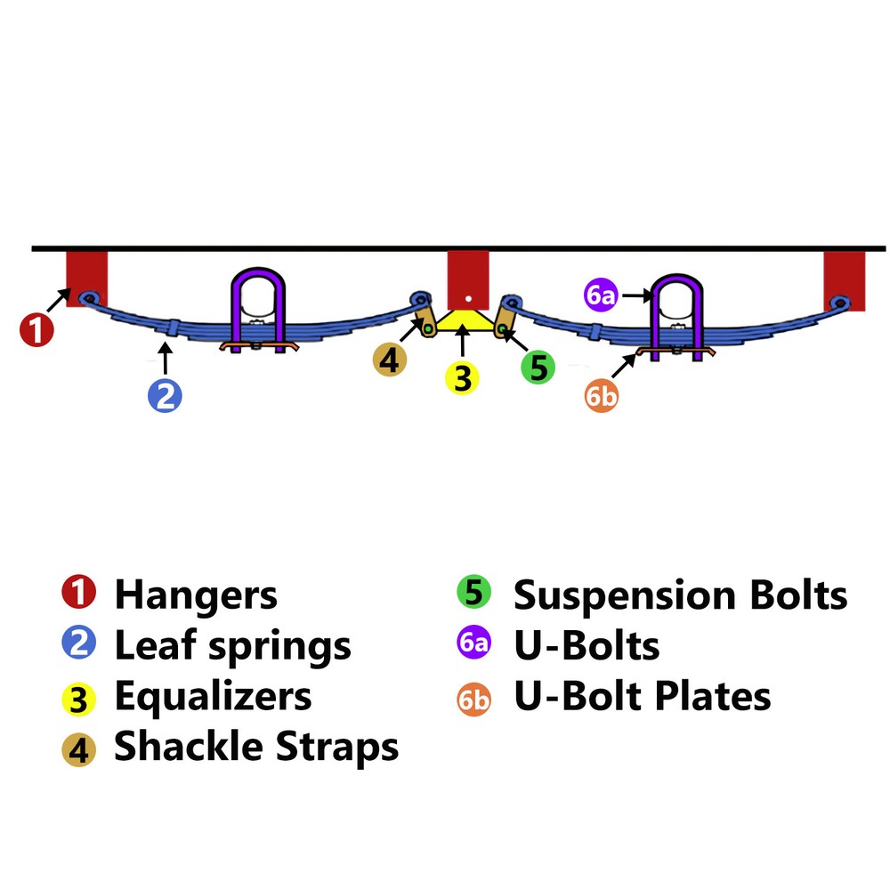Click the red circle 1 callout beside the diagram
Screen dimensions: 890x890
click(36, 330)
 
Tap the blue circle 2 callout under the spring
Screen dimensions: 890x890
click(165, 393)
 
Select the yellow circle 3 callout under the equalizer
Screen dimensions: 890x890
click(462, 377)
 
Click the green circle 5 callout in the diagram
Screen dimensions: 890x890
click(538, 366)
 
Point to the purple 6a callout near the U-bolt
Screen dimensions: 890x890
click(601, 295)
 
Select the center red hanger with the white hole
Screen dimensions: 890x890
click(468, 278)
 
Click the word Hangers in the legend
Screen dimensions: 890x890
click(196, 595)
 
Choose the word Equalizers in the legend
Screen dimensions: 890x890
click(213, 696)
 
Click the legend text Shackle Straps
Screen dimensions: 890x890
click(256, 747)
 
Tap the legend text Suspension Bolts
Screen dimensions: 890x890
click(681, 595)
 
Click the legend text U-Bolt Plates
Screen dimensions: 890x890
click(643, 696)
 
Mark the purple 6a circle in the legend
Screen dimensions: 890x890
click(473, 644)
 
